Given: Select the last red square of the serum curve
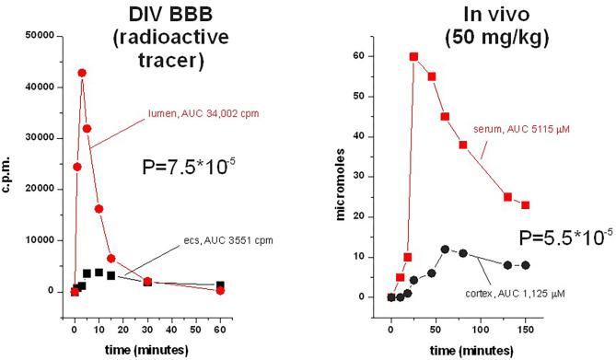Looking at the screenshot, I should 526,205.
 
